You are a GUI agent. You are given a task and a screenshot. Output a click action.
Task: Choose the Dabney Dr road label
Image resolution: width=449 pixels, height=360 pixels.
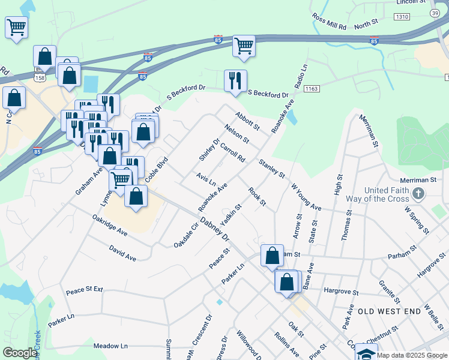tap(215, 229)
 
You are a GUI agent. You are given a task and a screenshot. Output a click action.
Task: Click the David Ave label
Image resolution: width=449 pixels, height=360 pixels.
tap(122, 253)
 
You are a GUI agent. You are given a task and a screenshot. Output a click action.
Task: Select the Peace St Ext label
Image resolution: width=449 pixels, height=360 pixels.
tap(85, 290)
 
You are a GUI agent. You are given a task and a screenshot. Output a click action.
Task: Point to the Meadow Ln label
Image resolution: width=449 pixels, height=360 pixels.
tap(111, 346)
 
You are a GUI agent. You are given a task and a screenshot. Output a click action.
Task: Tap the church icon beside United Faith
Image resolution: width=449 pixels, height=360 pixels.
tap(419, 194)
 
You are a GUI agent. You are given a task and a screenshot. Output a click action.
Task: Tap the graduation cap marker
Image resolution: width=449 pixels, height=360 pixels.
tap(366, 352)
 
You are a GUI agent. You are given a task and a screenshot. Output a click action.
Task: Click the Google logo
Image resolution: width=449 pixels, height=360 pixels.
tap(19, 353)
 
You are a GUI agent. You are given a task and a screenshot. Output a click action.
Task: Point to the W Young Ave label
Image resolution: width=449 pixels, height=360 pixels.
tap(306, 196)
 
